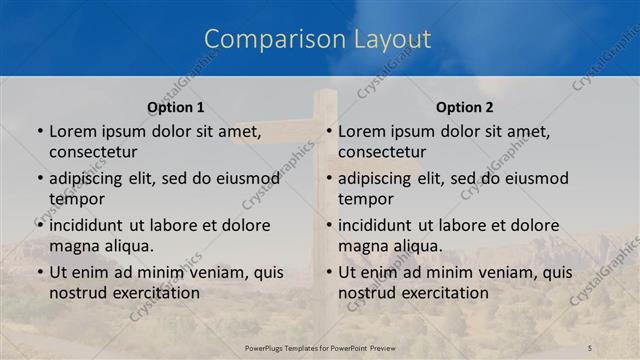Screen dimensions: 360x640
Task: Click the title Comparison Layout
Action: click(318, 40)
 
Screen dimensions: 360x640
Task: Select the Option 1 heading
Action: click(175, 107)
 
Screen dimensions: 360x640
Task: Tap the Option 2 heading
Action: click(465, 107)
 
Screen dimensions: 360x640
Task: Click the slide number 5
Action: click(590, 348)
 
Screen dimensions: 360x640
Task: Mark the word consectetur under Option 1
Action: click(93, 152)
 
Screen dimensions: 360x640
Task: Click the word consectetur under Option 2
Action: click(382, 152)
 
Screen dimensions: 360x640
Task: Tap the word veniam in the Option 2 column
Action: click(503, 272)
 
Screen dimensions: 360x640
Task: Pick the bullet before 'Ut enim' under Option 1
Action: click(40, 272)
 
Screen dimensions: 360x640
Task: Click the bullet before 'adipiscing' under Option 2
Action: click(329, 179)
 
